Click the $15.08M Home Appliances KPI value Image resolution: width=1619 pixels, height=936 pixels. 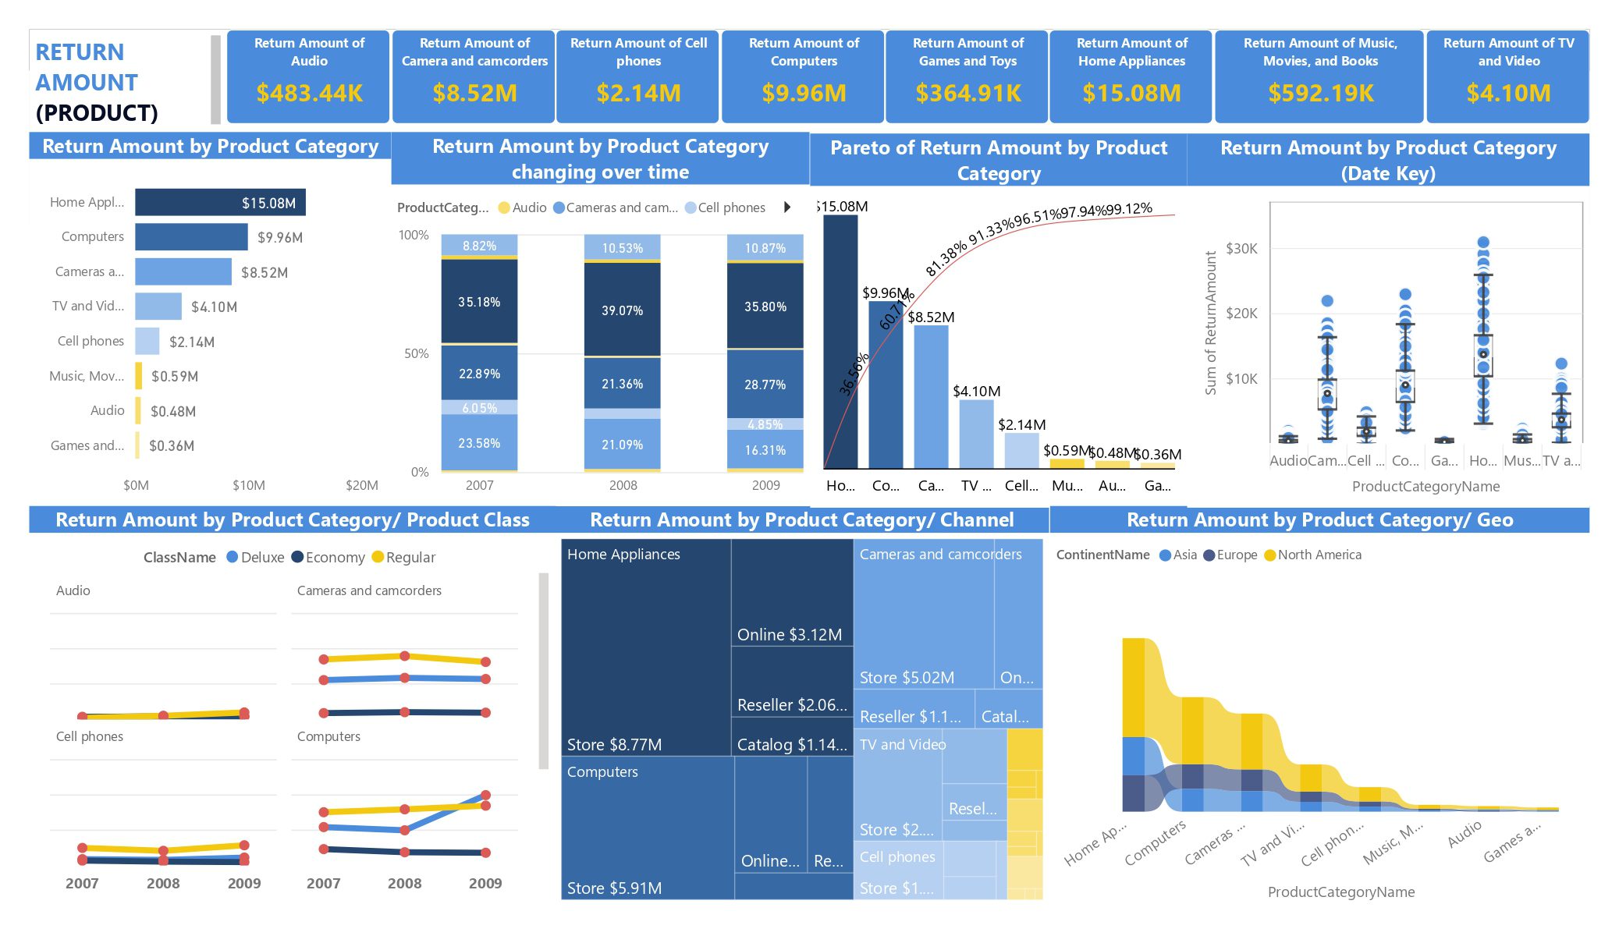pos(1131,94)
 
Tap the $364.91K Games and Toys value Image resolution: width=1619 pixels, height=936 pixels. pos(967,94)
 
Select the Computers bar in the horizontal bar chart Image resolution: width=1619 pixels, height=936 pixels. pos(191,237)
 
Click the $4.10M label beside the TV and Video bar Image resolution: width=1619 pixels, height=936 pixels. pos(214,307)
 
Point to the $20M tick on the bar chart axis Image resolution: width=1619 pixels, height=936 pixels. pos(361,485)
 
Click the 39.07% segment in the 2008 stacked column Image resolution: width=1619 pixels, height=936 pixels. pos(622,310)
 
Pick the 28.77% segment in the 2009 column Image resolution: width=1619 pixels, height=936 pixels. pos(765,385)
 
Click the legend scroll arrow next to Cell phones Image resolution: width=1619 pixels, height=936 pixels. pos(787,207)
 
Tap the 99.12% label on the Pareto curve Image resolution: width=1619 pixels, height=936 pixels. pos(1129,209)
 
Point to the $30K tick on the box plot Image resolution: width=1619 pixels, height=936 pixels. pos(1241,249)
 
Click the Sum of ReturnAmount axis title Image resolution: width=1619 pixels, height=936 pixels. pos(1211,323)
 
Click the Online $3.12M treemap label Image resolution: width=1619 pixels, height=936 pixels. pos(789,635)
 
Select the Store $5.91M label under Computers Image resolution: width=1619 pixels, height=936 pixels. pos(614,888)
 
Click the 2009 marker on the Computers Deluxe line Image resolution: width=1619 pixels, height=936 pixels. pos(485,796)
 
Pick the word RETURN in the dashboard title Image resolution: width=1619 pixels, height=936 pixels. pos(80,52)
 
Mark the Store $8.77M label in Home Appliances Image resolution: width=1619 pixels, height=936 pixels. pos(614,745)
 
